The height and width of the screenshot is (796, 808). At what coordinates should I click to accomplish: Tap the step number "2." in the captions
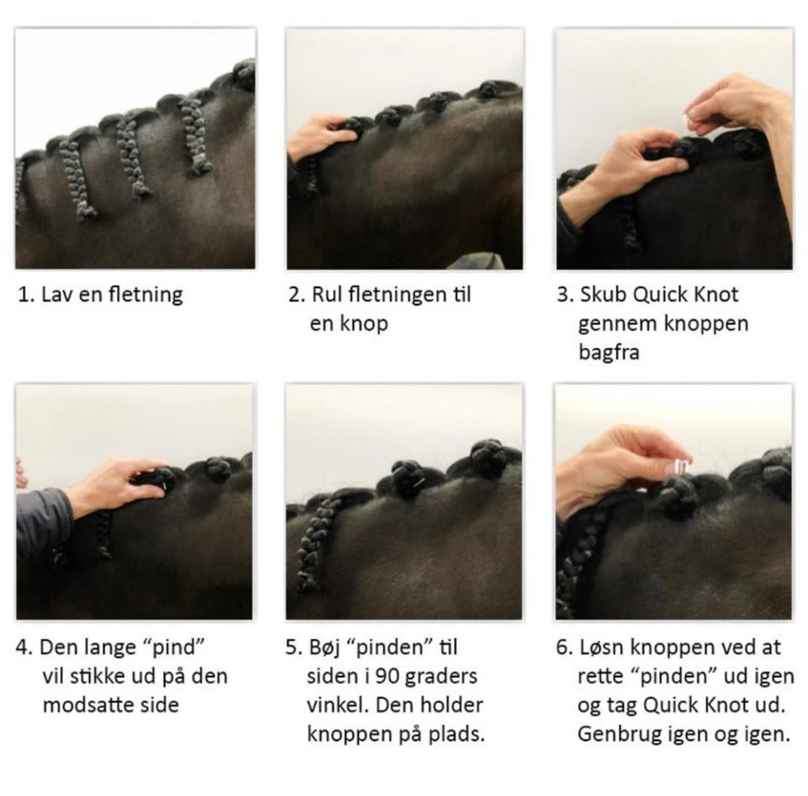(297, 294)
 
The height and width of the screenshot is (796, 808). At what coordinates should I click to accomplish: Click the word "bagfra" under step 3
(609, 353)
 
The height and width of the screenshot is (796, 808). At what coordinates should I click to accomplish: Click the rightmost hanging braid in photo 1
(195, 136)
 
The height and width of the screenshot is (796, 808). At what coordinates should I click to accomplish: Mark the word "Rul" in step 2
(327, 294)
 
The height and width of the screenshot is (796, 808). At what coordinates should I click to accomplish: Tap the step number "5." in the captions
(294, 648)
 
